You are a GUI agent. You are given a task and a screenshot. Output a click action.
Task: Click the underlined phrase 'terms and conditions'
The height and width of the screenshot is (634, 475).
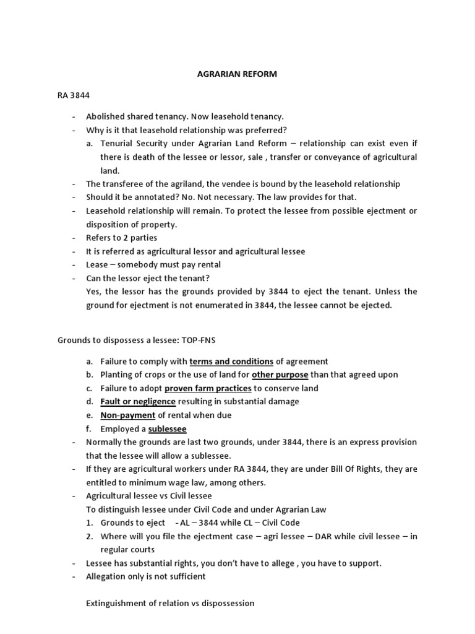(x=231, y=361)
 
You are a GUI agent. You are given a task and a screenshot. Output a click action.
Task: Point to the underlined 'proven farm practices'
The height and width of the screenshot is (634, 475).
(x=208, y=388)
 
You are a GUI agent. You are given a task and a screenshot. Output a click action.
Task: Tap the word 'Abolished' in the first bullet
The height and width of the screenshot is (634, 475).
(x=105, y=116)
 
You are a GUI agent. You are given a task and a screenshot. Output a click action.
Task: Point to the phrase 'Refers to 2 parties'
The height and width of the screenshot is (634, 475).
(x=121, y=238)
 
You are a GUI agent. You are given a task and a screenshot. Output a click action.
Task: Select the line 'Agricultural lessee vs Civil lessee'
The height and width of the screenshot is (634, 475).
(x=148, y=497)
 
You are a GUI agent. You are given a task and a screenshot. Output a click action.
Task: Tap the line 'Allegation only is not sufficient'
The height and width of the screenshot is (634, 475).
(x=146, y=576)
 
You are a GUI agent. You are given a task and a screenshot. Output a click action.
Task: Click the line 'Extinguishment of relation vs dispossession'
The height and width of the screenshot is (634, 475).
(x=170, y=603)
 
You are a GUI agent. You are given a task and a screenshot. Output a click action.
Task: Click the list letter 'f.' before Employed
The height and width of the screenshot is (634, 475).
(x=90, y=429)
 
